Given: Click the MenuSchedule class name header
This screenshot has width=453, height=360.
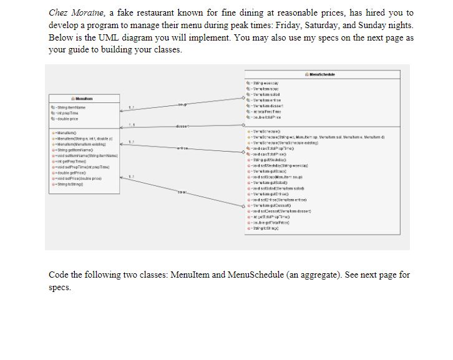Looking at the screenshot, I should coord(323,74).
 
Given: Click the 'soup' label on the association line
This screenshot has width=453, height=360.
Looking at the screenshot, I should coord(183,104).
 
